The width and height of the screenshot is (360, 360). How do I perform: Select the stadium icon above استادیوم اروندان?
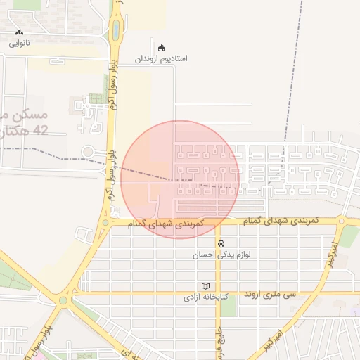click(162, 48)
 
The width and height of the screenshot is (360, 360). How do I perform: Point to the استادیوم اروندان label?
click(162, 58)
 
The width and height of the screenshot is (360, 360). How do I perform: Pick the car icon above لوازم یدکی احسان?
click(221, 243)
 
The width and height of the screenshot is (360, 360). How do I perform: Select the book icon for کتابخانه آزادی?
click(205, 286)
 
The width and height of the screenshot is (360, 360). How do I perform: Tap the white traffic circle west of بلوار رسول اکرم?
click(88, 151)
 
